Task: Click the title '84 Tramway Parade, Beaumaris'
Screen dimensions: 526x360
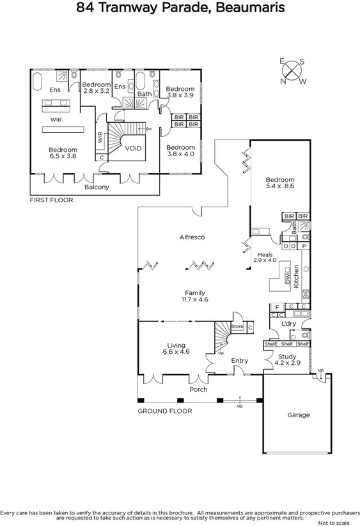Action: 180,8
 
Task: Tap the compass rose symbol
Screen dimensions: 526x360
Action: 293,70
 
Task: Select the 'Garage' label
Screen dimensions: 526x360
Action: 298,415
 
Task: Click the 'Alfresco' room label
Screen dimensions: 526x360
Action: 191,237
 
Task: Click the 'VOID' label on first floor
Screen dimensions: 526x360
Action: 134,148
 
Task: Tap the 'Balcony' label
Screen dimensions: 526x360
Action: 97,187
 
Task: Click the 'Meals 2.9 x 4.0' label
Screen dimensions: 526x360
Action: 264,257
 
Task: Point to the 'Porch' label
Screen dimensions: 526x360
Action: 198,389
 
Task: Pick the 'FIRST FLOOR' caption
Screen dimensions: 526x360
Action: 52,200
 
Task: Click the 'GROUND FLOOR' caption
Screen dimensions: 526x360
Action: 164,411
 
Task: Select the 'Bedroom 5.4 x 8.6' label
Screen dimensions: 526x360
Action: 280,184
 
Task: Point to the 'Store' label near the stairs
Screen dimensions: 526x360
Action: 237,327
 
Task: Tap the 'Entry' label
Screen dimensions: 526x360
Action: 239,361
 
